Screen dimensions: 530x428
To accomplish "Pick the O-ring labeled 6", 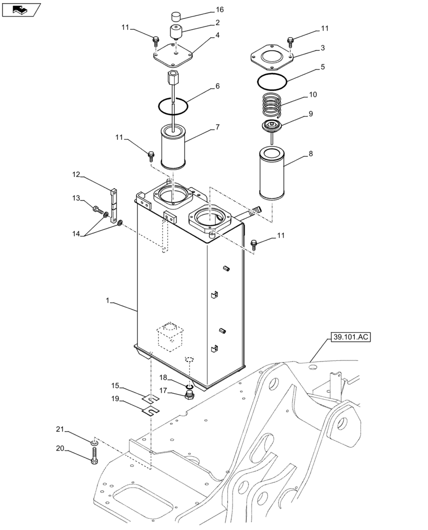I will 173,105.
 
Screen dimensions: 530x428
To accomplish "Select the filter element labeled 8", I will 272,173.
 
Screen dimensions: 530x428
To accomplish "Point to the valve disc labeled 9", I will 273,127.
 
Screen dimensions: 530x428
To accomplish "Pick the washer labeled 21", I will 94,441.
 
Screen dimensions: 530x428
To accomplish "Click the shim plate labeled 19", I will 151,409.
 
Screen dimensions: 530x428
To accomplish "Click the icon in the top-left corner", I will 21,8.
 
